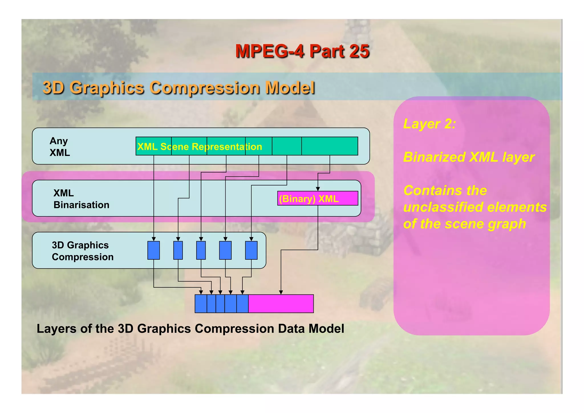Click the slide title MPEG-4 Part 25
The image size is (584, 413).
click(302, 51)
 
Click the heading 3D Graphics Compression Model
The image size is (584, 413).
click(179, 88)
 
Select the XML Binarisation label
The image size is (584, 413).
click(81, 199)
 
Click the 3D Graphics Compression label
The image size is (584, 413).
click(82, 251)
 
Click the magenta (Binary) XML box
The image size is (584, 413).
click(317, 198)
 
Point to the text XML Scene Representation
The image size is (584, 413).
click(200, 147)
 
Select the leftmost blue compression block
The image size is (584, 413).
click(153, 250)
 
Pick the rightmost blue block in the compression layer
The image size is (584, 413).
click(251, 250)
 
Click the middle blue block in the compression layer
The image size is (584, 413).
click(201, 250)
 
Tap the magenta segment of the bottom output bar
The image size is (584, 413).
click(281, 304)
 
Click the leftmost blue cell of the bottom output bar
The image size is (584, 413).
click(201, 304)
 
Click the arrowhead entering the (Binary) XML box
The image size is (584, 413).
click(318, 189)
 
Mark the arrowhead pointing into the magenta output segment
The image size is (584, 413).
click(281, 292)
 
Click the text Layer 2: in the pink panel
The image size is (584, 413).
click(429, 124)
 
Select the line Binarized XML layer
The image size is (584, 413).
click(469, 157)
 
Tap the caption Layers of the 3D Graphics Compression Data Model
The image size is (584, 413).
click(190, 329)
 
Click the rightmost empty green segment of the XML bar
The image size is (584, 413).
click(330, 146)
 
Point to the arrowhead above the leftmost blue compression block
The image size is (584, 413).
click(154, 239)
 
